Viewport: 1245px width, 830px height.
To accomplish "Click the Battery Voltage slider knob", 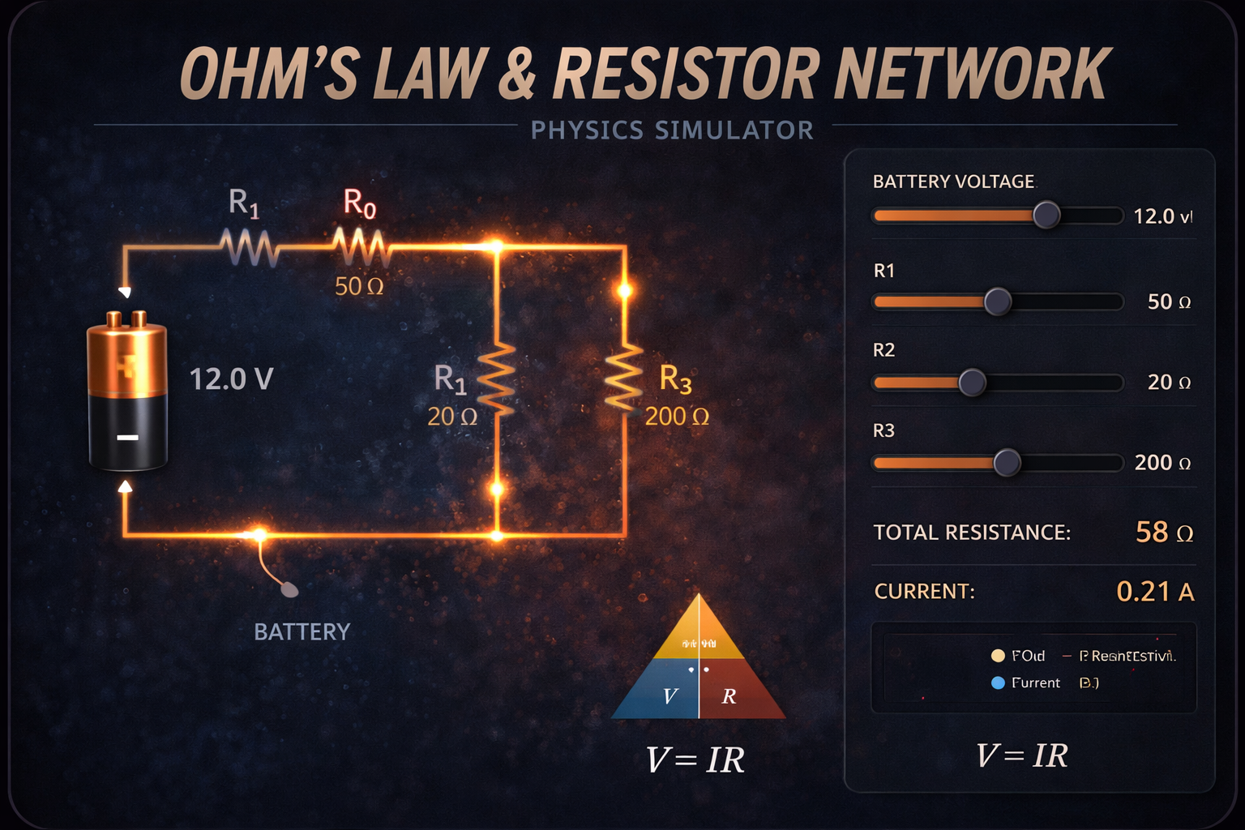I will (1046, 215).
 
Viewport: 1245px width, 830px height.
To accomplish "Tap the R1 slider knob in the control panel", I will (997, 302).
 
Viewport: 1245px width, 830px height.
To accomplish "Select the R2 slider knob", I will (972, 382).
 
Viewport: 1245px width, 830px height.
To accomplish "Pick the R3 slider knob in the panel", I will (1007, 463).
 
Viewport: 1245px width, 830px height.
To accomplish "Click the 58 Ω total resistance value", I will (1164, 533).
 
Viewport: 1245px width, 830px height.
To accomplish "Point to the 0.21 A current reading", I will (1155, 592).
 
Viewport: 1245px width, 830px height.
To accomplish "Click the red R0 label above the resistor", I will (359, 203).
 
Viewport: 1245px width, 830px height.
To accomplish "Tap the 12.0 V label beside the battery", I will (231, 379).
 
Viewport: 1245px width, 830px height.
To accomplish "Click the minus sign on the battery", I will (127, 438).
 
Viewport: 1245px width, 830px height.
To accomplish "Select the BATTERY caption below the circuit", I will (302, 632).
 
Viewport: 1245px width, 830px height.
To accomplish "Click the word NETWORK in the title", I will (972, 75).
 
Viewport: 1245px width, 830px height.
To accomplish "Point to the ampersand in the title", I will (517, 75).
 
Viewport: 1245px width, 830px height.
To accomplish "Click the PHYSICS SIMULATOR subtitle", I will (672, 130).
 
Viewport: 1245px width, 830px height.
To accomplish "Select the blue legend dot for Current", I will (998, 682).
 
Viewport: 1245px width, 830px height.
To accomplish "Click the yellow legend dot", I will (998, 656).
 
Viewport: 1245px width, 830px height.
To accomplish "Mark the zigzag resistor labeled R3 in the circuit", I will (624, 378).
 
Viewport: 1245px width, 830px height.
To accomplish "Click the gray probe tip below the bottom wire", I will (289, 589).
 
